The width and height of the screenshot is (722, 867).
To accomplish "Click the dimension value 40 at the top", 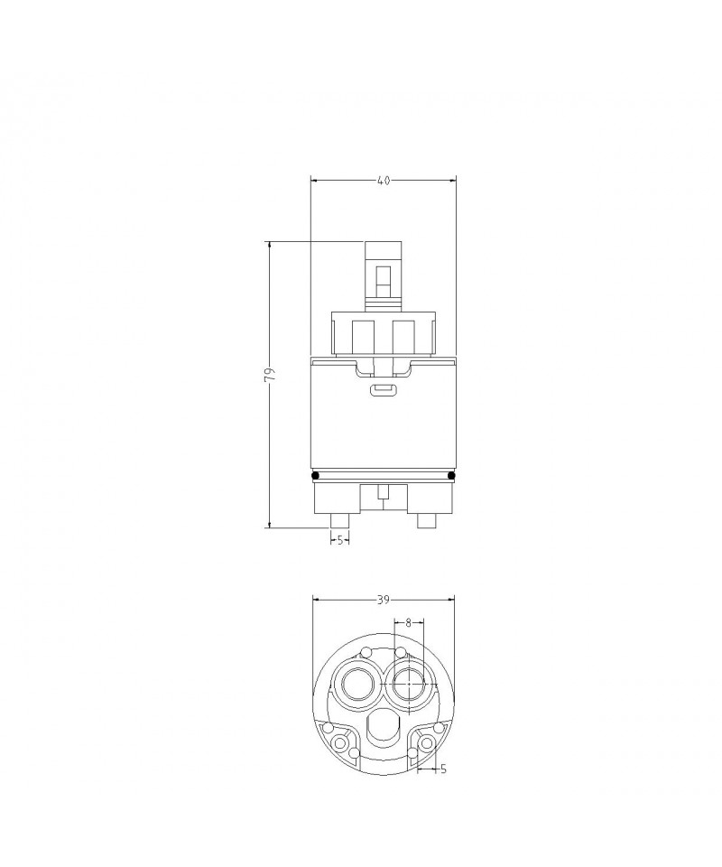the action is [384, 181].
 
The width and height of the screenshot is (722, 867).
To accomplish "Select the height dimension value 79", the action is [270, 375].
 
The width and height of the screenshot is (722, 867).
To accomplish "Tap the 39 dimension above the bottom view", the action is [384, 600].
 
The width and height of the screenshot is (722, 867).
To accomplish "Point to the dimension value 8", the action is [408, 622].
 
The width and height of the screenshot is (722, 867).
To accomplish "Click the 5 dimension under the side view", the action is [340, 540].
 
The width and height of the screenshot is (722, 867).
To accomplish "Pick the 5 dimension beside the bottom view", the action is [443, 769].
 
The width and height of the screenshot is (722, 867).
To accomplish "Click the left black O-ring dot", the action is [315, 476].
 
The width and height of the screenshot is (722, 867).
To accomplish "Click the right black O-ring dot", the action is [451, 476].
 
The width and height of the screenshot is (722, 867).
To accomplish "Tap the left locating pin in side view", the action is [339, 521].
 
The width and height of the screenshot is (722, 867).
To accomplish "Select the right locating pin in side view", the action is [426, 521].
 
